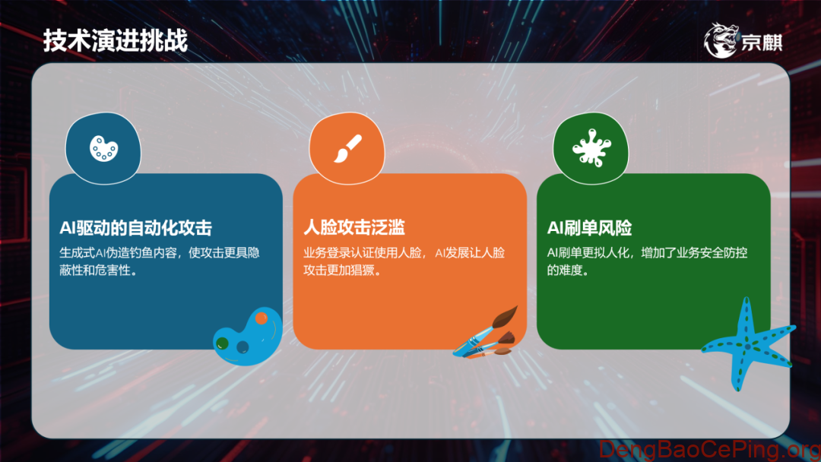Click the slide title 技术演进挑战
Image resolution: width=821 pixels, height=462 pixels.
(x=115, y=40)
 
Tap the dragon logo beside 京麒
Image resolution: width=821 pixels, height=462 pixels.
(x=721, y=40)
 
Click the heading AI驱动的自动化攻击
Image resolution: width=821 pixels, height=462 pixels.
(x=135, y=227)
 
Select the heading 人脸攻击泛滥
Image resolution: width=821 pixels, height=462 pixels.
(x=353, y=227)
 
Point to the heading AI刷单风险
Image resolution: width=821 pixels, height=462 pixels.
(x=589, y=227)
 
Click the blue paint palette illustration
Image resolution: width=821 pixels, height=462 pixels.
(x=246, y=336)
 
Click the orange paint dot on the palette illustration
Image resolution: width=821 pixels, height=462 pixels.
(x=261, y=317)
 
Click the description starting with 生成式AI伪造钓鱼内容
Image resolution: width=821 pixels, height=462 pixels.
(x=160, y=252)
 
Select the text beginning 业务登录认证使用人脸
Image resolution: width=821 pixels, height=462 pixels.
(x=403, y=252)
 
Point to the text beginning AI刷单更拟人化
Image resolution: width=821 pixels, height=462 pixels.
(x=647, y=252)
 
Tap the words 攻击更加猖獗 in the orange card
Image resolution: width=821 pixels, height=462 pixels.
(x=341, y=271)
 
